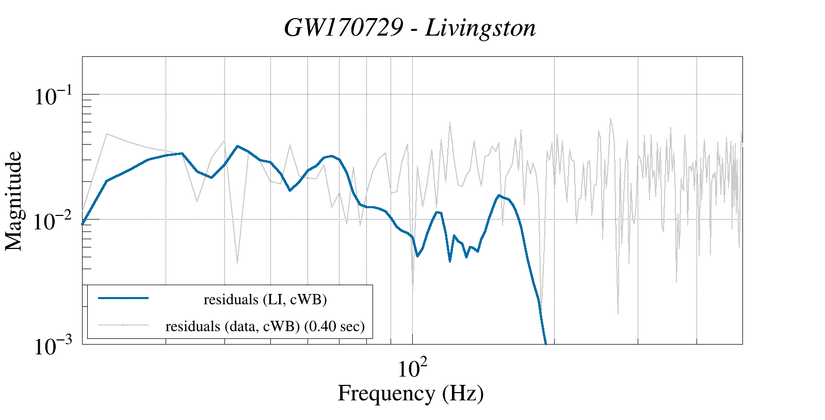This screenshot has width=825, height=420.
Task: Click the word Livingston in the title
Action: [480, 28]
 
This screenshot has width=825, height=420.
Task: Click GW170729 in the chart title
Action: [343, 28]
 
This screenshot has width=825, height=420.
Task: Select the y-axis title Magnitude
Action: [14, 201]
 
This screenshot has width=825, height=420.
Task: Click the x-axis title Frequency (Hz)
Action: [411, 393]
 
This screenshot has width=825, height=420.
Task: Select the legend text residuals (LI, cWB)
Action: [265, 300]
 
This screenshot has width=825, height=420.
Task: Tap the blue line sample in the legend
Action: [123, 298]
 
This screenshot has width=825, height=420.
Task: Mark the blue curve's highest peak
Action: [237, 146]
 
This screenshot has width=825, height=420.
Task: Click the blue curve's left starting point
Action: [83, 224]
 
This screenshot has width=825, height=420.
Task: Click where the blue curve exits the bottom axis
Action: [546, 343]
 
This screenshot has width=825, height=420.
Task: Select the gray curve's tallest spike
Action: [610, 118]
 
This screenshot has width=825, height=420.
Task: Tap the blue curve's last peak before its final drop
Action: [498, 195]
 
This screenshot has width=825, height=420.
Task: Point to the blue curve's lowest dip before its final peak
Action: [450, 261]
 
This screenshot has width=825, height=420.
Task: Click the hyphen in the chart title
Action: [414, 29]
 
